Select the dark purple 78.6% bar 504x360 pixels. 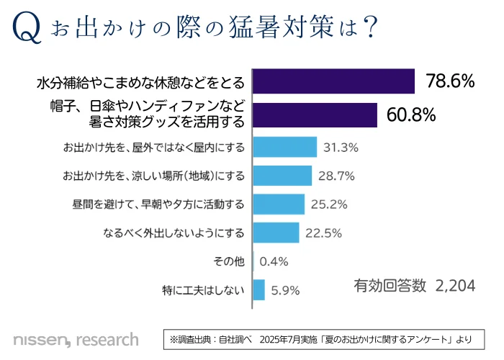pos(334,81)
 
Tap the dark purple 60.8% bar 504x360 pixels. pos(315,115)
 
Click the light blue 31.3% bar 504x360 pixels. pos(285,148)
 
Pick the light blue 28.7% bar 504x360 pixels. pos(282,176)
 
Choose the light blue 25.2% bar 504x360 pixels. pos(279,204)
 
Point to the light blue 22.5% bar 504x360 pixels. pos(276,233)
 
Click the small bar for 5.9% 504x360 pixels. pos(259,290)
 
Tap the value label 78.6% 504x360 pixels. pos(450,81)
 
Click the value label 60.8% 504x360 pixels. pos(412,115)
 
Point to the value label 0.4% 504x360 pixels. pos(274,261)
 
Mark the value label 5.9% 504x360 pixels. pos(284,291)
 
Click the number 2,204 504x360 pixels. pos(456,286)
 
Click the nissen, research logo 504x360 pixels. pos(76,338)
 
